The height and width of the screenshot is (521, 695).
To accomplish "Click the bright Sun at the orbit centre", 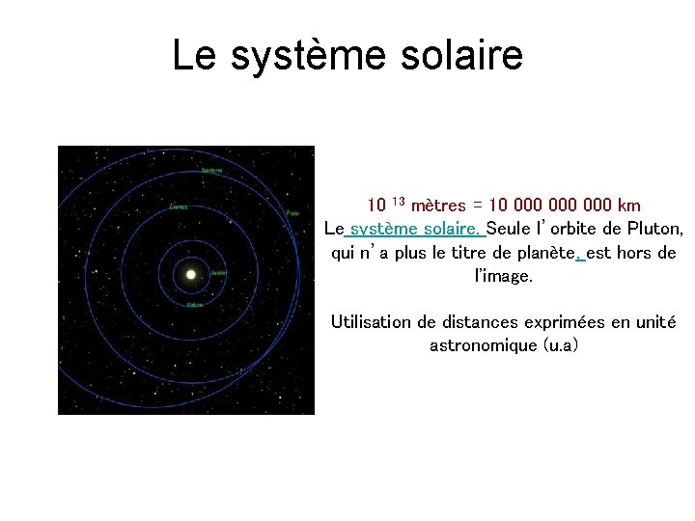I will coord(190,275).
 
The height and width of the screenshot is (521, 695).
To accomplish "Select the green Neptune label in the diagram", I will coord(211,170).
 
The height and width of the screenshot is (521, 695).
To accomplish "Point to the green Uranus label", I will coord(179,206).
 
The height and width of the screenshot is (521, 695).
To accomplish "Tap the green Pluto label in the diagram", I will coord(292,213).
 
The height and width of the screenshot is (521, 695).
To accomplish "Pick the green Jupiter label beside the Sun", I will coord(219,272).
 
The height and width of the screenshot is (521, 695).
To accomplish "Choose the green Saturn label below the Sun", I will coord(196,305).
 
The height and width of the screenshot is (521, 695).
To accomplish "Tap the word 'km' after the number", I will coord(627,206).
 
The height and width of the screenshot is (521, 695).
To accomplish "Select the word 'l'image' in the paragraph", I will coord(503,276).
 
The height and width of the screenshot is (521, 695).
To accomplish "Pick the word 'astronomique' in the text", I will coord(483,344).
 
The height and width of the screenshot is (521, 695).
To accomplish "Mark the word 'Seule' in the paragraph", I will coord(509,230).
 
